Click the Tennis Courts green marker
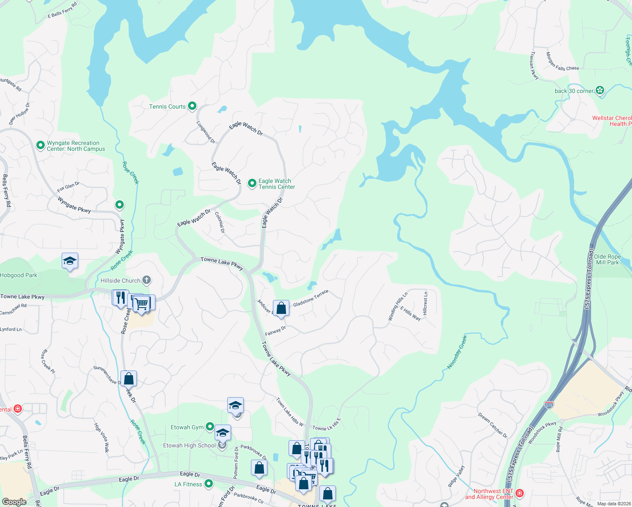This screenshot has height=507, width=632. point(192,106)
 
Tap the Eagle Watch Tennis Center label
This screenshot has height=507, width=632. point(276,184)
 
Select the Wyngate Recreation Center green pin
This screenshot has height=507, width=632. point(41,145)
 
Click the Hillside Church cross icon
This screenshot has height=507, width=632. point(147,280)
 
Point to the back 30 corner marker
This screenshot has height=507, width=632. point(600,90)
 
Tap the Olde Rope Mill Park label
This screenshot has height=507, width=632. point(607,259)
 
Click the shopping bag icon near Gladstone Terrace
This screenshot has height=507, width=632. point(281,308)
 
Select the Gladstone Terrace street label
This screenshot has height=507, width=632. point(311,298)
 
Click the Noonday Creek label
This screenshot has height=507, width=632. point(457,352)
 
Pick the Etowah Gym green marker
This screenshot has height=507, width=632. point(210,427)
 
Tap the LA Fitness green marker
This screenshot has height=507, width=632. point(208,483)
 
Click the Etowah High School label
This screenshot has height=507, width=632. point(189,445)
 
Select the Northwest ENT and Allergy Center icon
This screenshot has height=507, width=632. point(520,493)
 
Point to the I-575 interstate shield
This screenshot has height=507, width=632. point(549,405)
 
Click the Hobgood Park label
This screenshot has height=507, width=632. point(19,275)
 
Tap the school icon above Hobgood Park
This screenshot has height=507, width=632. point(70,261)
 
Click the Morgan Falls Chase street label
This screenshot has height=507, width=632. point(562,63)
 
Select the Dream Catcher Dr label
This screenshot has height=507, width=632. point(493,425)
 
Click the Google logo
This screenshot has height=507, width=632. point(14,502)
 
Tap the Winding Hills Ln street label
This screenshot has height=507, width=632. point(398,306)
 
